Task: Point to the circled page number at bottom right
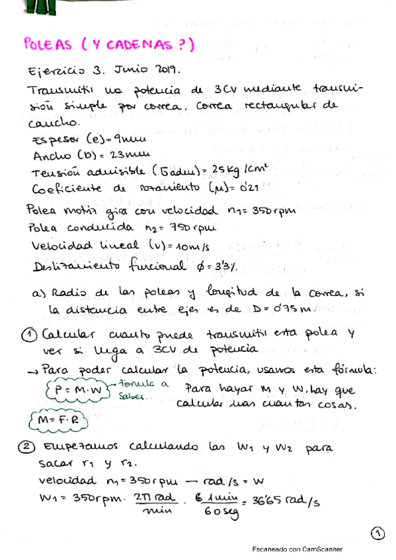click(376, 532)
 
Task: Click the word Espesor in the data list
click(56, 140)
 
